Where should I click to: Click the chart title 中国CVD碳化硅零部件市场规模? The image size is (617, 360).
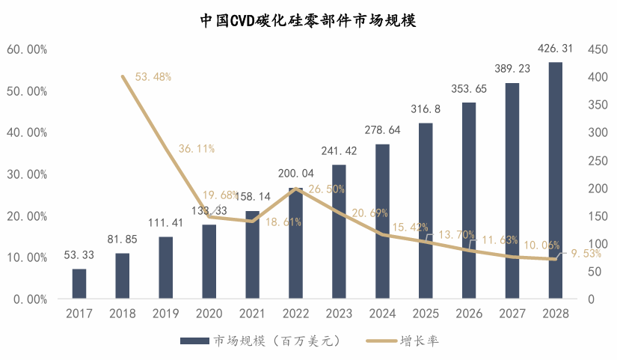(x=308, y=20)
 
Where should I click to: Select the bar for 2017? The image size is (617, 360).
(x=79, y=284)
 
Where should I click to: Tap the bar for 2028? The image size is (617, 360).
(x=555, y=180)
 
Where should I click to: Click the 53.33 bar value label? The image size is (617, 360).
(x=79, y=255)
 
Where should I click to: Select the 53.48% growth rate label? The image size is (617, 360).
(x=153, y=76)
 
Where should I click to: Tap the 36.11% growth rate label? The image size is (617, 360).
(x=197, y=149)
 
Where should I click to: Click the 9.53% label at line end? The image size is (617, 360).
(x=586, y=254)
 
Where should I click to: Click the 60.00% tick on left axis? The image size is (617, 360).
(x=27, y=49)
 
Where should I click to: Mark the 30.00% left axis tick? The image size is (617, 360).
(x=27, y=174)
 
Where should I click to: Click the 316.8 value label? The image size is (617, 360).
(x=426, y=109)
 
